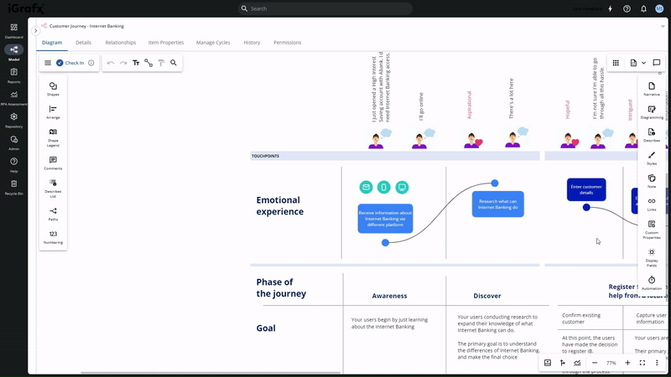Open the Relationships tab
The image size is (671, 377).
pos(121,42)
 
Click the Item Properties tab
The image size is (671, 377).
pos(166,42)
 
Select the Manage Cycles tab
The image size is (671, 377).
pos(213,42)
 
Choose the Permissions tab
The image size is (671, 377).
pos(288,42)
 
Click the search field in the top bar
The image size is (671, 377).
pos(327,8)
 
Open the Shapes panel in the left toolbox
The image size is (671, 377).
pos(53,88)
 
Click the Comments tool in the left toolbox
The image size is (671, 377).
pos(53,162)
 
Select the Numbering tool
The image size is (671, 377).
pos(53,236)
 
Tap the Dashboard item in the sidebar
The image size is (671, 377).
pos(13,30)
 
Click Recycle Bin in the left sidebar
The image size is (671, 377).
pos(13,186)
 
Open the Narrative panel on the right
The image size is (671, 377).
pos(652,88)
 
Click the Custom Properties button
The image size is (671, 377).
pos(652,228)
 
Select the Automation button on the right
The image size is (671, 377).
pos(652,282)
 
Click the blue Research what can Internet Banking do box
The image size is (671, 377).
pos(497,204)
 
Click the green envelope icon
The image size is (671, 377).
pos(366,187)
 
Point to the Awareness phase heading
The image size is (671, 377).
pos(389,296)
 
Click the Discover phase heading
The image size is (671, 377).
pos(487,296)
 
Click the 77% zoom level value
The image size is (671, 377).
pos(611,363)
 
